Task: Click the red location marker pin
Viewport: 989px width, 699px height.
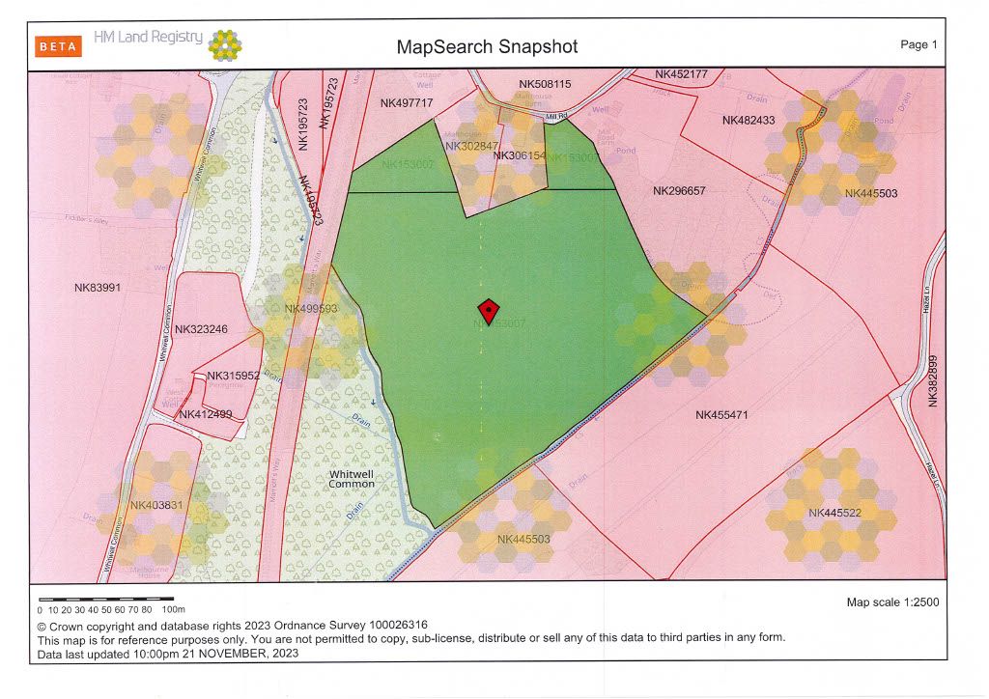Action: click(x=489, y=311)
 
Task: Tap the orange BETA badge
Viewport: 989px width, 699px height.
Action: click(x=58, y=46)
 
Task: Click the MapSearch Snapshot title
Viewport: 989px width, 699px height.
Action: click(x=487, y=46)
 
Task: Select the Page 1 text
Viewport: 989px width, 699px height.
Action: click(x=918, y=44)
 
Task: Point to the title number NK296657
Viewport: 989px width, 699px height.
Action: click(x=679, y=191)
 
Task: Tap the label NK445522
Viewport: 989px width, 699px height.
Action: click(x=834, y=513)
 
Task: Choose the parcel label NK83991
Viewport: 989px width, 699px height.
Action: click(x=98, y=288)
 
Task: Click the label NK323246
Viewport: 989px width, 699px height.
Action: click(x=201, y=329)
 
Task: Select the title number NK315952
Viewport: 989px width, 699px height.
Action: click(x=233, y=376)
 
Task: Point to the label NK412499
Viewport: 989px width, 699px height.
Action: click(x=206, y=415)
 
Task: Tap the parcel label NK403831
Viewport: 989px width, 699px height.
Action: click(x=156, y=506)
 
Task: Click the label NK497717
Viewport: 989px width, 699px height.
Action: click(x=406, y=103)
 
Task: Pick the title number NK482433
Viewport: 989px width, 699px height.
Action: click(x=749, y=121)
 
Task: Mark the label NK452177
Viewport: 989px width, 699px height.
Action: click(x=681, y=74)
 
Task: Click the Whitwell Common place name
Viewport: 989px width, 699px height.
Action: click(x=352, y=479)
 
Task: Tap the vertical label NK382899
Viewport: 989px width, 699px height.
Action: click(x=933, y=380)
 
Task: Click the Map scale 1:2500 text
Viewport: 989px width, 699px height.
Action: click(x=892, y=602)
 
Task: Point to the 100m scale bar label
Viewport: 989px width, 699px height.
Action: click(x=173, y=610)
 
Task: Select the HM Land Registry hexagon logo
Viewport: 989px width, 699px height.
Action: click(x=225, y=44)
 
